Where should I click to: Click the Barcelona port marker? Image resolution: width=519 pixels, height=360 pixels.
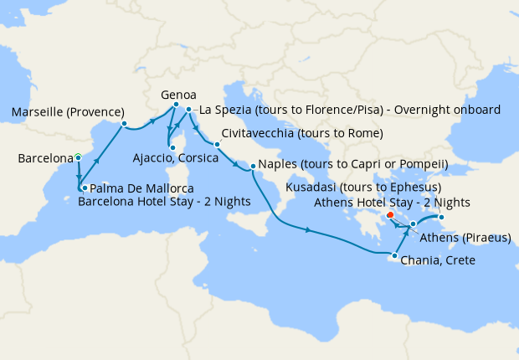[x=78, y=157]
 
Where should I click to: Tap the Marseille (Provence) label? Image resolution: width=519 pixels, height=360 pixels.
[x=68, y=112]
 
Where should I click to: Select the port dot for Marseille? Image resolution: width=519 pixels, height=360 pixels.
[x=124, y=124]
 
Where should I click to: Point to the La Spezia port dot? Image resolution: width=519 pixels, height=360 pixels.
[x=189, y=110]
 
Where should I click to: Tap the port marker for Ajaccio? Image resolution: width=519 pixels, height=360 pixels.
[x=172, y=147]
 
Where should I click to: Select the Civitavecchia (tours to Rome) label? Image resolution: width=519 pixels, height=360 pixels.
[x=302, y=134]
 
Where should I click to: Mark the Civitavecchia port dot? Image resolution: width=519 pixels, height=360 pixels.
[x=216, y=144]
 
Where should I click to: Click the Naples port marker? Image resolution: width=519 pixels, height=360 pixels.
[x=252, y=167]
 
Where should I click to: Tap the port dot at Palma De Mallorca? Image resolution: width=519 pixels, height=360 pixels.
[x=84, y=188]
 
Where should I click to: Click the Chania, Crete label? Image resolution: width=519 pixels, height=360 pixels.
[x=438, y=260]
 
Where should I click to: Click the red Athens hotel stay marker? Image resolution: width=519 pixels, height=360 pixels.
[x=391, y=215]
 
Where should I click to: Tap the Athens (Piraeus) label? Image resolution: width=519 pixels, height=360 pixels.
[x=465, y=238]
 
